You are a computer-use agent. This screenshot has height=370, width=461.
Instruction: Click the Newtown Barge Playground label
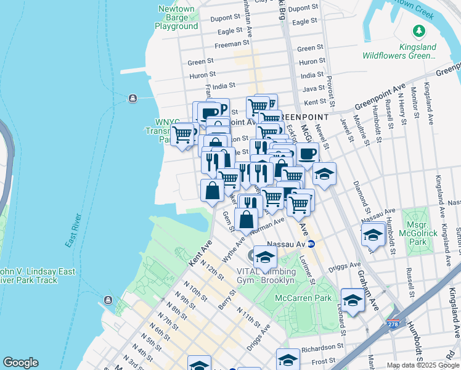[176, 17]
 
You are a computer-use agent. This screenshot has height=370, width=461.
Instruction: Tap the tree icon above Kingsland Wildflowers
[419, 30]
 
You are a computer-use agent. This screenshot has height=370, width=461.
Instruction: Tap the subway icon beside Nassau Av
[311, 244]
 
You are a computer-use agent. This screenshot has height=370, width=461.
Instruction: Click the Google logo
[20, 363]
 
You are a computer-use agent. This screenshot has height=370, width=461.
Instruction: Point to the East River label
[75, 231]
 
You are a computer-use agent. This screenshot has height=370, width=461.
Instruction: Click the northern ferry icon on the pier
[132, 99]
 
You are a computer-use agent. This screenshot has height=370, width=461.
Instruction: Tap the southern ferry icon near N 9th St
[108, 300]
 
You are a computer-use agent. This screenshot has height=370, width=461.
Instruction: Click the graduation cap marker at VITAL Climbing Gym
[265, 258]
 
